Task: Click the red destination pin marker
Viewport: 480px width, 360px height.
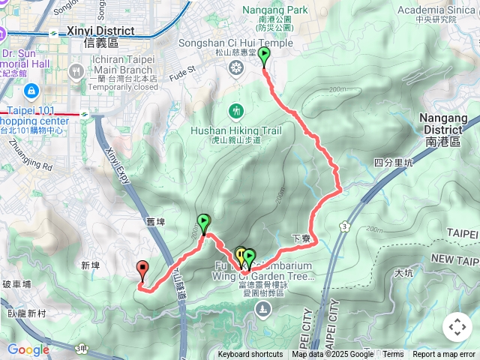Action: coord(142,270)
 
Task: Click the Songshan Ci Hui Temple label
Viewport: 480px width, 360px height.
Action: coord(235,43)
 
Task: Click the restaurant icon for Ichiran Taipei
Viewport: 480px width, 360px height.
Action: coord(76,70)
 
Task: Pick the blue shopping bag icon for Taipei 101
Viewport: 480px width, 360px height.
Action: coord(31,91)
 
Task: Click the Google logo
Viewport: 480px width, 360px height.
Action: coord(28,349)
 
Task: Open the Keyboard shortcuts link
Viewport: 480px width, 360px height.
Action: coord(250,355)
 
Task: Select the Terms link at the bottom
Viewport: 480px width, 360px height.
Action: coord(393,355)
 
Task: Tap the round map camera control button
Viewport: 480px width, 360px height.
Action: coord(457,327)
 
